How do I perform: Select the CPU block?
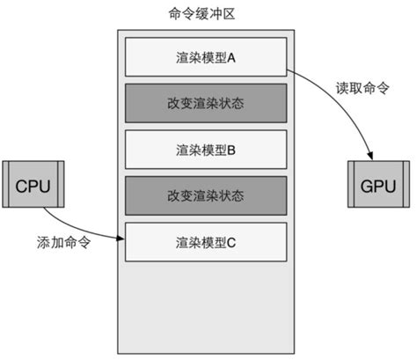coord(34,186)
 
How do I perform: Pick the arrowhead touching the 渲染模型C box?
coord(121,236)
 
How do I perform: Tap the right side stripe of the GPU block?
coord(405,186)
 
